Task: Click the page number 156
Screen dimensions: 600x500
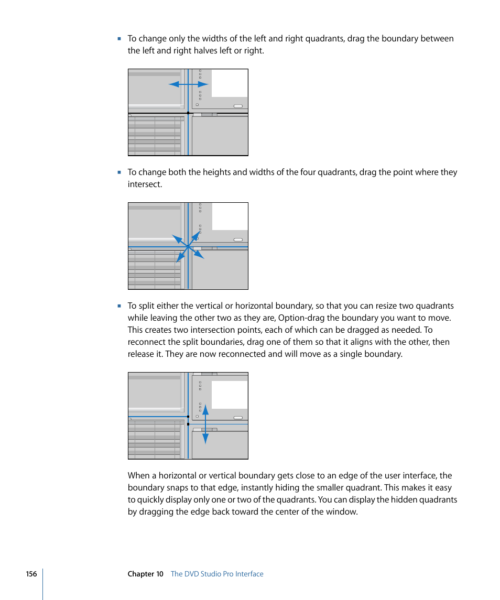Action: coord(31,574)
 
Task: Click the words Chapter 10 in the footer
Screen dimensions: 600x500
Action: coord(146,574)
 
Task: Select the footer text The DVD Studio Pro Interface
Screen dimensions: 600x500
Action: coord(217,574)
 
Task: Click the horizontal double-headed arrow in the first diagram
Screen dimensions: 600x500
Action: coord(188,84)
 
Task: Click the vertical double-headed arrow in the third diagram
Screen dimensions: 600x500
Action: coord(205,424)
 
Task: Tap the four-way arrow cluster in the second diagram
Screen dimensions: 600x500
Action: coord(188,247)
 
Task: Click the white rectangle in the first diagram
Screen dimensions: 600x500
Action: coord(230,83)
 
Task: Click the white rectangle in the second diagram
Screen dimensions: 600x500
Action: coord(230,217)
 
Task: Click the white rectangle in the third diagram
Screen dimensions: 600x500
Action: coord(230,395)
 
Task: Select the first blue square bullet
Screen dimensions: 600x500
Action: coord(119,39)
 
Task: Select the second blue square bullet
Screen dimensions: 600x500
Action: coord(119,172)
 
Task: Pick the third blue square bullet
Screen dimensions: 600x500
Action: coord(119,306)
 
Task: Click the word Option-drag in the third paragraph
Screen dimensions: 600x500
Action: coord(302,318)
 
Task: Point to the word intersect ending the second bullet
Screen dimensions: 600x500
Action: coord(144,184)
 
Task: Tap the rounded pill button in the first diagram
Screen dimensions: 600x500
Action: coord(238,106)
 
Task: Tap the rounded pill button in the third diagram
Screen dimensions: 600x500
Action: coord(238,418)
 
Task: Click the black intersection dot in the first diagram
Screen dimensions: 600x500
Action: coord(188,113)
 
